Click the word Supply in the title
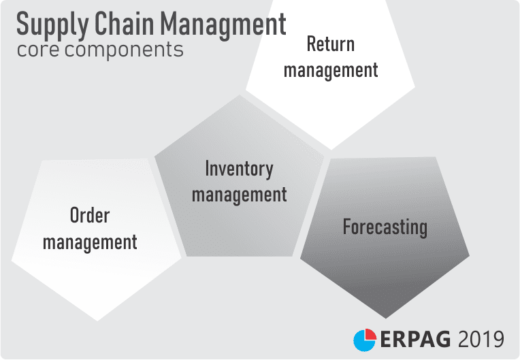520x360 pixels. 52,25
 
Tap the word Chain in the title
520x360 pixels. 125,23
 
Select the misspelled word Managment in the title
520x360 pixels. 223,25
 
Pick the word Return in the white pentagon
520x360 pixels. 331,44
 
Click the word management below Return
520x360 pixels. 331,71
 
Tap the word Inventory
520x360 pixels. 239,169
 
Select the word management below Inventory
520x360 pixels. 239,195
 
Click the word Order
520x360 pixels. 90,216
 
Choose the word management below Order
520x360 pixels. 90,242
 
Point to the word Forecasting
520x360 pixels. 385,227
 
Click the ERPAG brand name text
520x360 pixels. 415,340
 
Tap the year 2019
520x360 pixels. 481,340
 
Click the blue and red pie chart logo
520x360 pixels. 365,340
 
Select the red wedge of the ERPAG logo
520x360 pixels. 370,334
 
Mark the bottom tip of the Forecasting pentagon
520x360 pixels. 385,318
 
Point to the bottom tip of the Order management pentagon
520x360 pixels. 97,321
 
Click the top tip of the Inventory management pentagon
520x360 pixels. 240,95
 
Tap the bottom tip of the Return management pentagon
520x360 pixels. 331,150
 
